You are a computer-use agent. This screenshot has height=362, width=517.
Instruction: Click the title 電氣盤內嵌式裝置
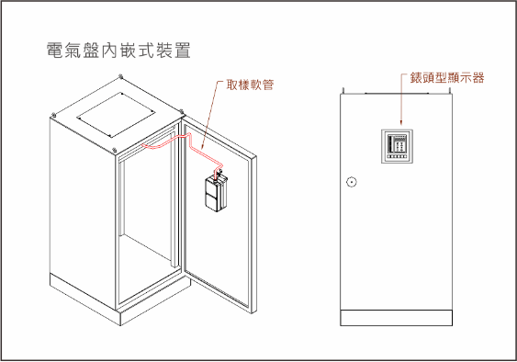click(118, 51)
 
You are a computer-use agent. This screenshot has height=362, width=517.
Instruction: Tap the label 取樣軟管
click(250, 85)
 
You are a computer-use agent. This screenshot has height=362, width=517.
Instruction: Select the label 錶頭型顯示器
click(447, 78)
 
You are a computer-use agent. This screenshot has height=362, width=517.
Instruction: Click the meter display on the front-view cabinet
click(397, 146)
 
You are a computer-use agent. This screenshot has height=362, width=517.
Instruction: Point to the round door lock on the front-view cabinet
click(352, 182)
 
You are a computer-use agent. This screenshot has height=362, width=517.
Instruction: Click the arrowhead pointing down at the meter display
click(401, 123)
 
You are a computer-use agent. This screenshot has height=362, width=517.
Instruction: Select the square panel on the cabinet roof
click(116, 115)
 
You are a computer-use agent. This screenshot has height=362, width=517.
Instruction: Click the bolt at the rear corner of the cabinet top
click(120, 76)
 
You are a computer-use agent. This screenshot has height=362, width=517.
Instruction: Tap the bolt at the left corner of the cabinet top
click(53, 115)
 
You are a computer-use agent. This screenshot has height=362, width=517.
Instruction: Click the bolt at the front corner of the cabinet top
click(114, 150)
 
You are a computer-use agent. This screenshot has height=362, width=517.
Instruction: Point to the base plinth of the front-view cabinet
click(396, 318)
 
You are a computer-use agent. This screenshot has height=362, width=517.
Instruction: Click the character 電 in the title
click(55, 51)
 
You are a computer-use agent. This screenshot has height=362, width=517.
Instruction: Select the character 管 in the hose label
click(268, 85)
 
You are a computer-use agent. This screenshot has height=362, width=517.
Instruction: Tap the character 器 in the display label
click(478, 78)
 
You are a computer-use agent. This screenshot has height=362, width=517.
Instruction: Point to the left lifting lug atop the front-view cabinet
click(343, 90)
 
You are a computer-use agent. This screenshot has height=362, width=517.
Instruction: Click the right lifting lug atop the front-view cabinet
click(449, 90)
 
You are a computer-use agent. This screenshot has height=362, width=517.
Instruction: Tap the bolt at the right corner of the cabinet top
click(181, 111)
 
